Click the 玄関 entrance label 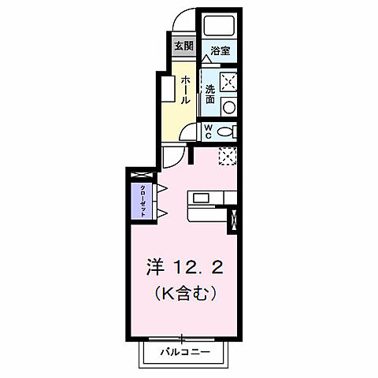click(x=183, y=45)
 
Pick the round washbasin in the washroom click(x=228, y=106)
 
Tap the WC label click(x=208, y=131)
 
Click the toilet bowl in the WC click(x=225, y=132)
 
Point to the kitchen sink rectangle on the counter click(x=198, y=197)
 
